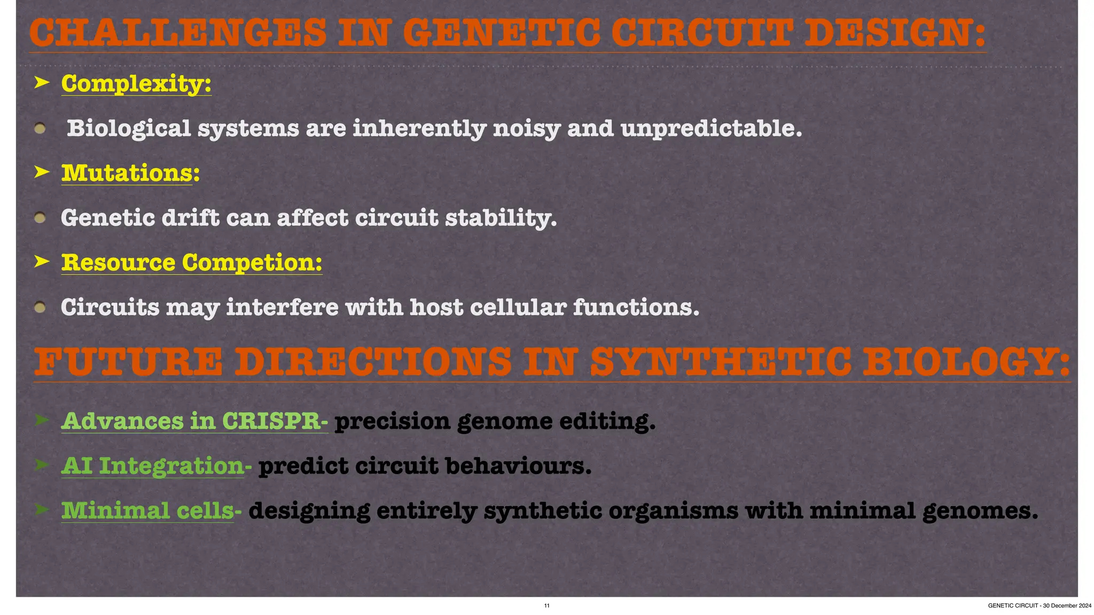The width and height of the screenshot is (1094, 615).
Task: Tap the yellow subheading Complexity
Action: point(136,83)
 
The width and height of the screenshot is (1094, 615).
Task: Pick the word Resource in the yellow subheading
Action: point(118,262)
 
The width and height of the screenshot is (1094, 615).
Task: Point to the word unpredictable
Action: point(711,128)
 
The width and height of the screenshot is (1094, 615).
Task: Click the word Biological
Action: point(129,128)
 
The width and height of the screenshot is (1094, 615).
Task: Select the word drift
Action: point(190,218)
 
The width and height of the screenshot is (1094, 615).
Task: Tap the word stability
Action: point(501,218)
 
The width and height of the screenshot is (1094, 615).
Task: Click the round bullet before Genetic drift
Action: point(40,218)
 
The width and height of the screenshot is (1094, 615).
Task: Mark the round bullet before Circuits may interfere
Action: point(40,307)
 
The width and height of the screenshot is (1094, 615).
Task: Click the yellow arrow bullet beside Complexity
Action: point(42,83)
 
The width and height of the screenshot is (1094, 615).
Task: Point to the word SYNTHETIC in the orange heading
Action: point(721,361)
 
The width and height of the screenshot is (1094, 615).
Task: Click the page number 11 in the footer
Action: point(546,605)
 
